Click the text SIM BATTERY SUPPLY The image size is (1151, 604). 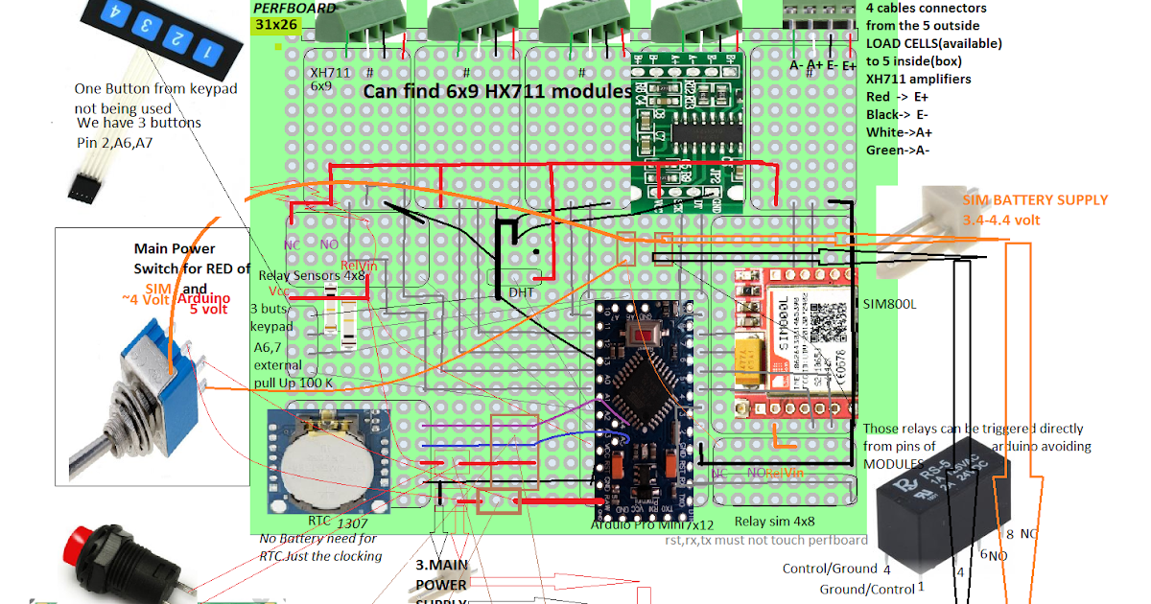1035,200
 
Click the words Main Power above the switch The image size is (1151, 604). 175,248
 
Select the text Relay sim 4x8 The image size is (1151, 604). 774,522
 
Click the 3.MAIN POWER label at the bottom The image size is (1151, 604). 441,575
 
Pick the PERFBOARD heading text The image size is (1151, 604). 294,8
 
